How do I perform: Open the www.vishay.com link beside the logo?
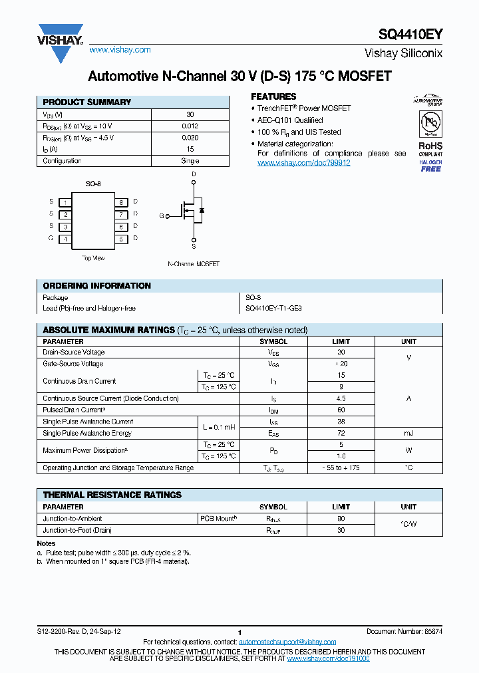(x=120, y=50)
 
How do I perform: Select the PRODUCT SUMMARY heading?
(x=87, y=102)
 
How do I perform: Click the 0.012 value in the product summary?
(x=190, y=126)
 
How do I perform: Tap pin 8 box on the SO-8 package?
(x=122, y=202)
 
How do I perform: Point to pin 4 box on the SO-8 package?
(x=65, y=238)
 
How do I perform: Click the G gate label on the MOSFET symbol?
(x=161, y=215)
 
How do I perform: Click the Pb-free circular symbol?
(x=430, y=124)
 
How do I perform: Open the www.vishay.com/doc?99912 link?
(x=303, y=163)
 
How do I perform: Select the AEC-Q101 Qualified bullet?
(x=290, y=120)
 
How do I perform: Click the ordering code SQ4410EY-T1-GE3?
(x=273, y=309)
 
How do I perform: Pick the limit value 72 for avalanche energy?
(x=341, y=433)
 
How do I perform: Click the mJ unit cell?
(x=408, y=433)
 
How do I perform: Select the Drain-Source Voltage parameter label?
(x=74, y=352)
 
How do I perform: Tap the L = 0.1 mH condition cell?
(x=218, y=427)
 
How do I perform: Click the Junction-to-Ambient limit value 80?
(x=341, y=519)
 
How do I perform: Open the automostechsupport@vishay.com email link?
(x=287, y=642)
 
